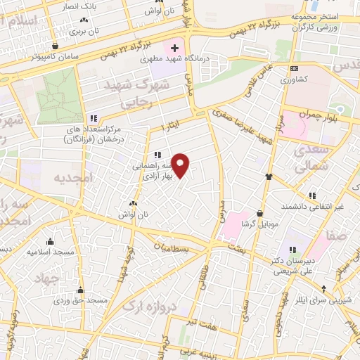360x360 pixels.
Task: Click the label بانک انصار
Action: click(x=61, y=6)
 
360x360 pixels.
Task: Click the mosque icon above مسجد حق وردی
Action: click(x=80, y=290)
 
